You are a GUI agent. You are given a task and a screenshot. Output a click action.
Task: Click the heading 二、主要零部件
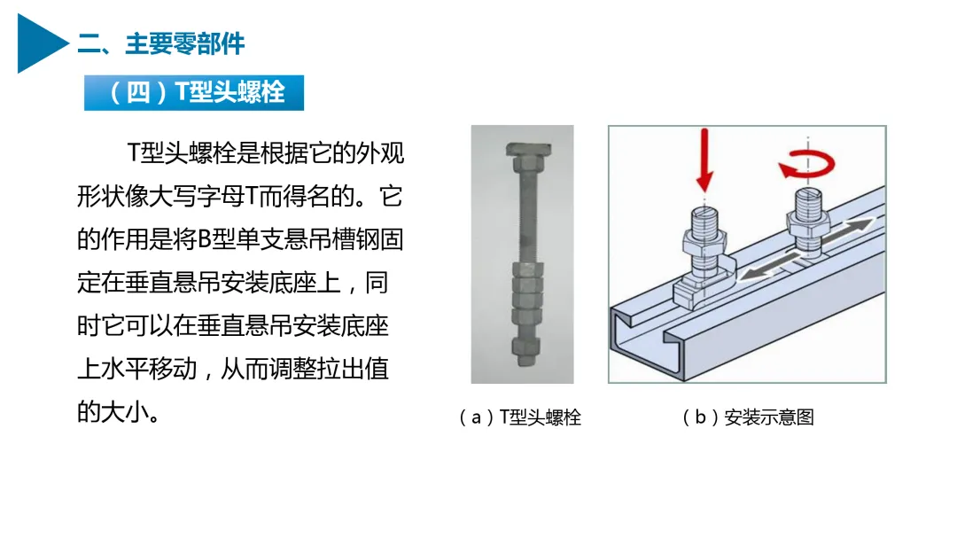[161, 44]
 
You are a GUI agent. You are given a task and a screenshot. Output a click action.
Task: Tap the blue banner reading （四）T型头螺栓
[194, 93]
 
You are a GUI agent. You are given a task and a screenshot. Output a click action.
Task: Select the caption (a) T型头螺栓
[520, 417]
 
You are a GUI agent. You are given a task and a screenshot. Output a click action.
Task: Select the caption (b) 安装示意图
[748, 417]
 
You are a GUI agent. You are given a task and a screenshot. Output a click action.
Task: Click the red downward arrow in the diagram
[705, 160]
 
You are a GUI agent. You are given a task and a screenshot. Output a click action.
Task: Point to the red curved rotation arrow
[806, 165]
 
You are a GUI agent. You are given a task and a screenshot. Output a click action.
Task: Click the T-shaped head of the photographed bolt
[528, 148]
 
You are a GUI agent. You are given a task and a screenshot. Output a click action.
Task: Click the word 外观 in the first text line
[380, 152]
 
